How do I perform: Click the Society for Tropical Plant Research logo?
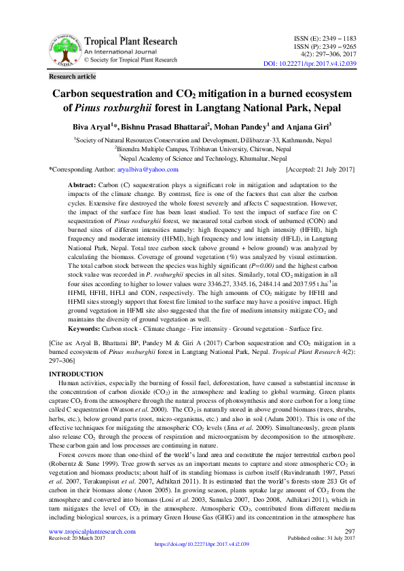coord(60,50)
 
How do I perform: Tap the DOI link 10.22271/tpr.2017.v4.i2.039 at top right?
coord(309,63)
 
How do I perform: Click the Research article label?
coord(73,77)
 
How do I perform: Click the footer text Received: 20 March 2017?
coord(76,557)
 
